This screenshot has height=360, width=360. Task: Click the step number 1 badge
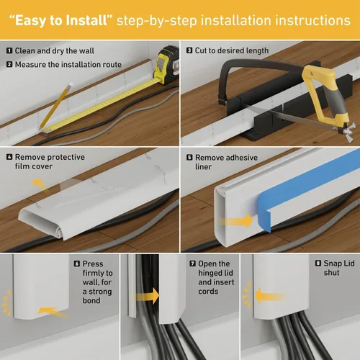9,51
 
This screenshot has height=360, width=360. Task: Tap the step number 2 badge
9,64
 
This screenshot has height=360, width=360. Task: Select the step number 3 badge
189,51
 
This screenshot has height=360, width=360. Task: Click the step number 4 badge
9,156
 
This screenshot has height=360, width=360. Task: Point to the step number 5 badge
189,156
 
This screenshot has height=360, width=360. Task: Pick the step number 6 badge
76,264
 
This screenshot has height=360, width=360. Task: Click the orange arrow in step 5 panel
242,219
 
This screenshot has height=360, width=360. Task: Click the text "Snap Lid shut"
336,271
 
